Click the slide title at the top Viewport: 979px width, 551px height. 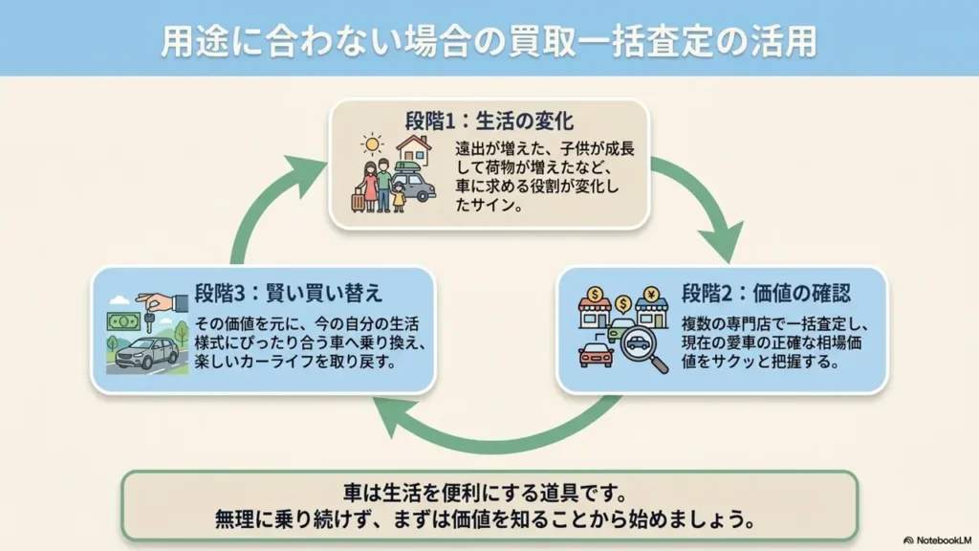tap(489, 40)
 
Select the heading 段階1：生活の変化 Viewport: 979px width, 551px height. tap(489, 121)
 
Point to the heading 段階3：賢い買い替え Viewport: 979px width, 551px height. tap(288, 293)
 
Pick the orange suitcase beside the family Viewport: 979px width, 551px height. tap(358, 200)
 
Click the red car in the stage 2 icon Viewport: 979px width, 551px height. tap(596, 354)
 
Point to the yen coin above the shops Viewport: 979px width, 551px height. tap(652, 294)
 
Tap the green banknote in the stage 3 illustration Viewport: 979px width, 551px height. tap(123, 321)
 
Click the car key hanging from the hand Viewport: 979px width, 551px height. tap(149, 320)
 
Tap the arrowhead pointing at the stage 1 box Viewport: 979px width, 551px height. tap(305, 175)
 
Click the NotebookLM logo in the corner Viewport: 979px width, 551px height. tap(937, 540)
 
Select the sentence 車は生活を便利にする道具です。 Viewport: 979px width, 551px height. tap(485, 493)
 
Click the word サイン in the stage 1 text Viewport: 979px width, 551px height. tap(495, 205)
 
